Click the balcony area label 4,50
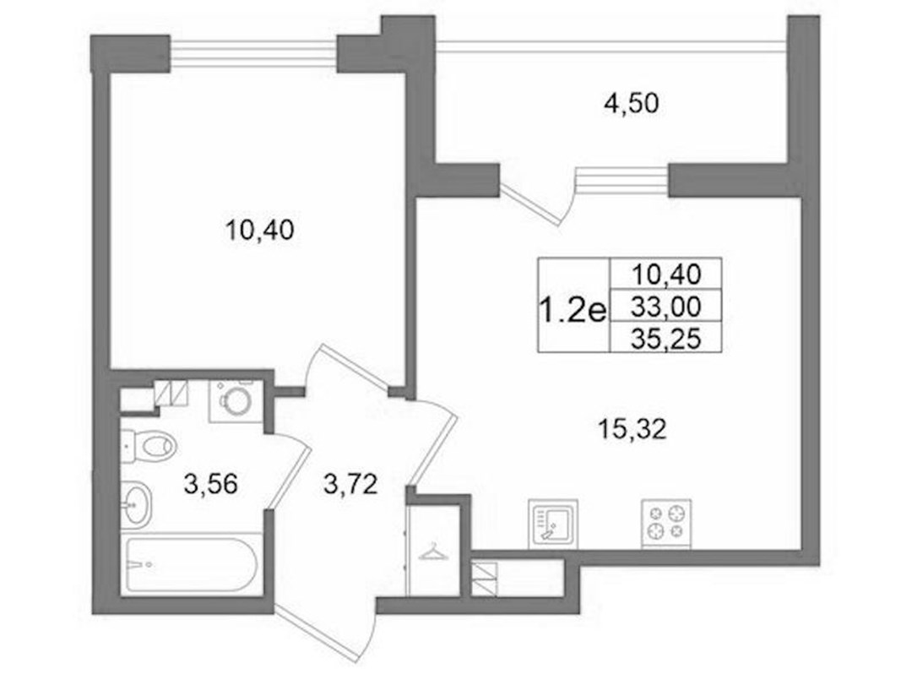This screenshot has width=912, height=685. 631,104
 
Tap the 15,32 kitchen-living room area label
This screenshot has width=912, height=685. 632,430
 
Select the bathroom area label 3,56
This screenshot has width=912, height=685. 210,483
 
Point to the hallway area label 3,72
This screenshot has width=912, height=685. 350,484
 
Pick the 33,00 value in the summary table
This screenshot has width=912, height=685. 666,306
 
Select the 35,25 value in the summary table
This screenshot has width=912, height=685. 666,339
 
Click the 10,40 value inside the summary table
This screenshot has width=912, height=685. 666,275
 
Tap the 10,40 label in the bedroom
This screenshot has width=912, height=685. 259,231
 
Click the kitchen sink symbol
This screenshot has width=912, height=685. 552,523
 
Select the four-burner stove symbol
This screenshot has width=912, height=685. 666,523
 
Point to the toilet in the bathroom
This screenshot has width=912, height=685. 148,446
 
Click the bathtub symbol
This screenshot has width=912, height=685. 191,564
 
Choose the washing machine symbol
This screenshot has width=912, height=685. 231,400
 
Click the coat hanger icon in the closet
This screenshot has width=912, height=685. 433,552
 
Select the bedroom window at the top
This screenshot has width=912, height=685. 253,52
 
